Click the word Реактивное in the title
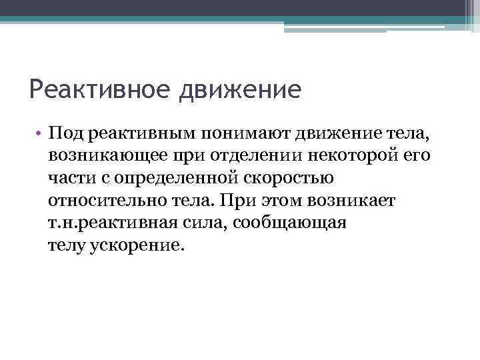click(x=99, y=89)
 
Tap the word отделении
click(x=250, y=156)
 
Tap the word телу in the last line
click(x=65, y=245)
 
